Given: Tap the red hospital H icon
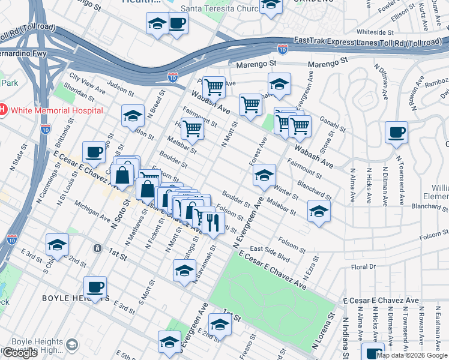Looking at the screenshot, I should coord(3,110).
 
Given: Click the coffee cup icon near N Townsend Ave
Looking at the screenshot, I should coord(396,133).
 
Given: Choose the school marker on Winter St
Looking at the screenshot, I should coord(264,176).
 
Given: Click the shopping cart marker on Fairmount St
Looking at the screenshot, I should coord(192,128).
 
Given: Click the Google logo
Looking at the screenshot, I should coord(19,353).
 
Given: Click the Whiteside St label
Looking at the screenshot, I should coord(374,32).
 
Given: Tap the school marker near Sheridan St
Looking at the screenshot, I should coord(133,116).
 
